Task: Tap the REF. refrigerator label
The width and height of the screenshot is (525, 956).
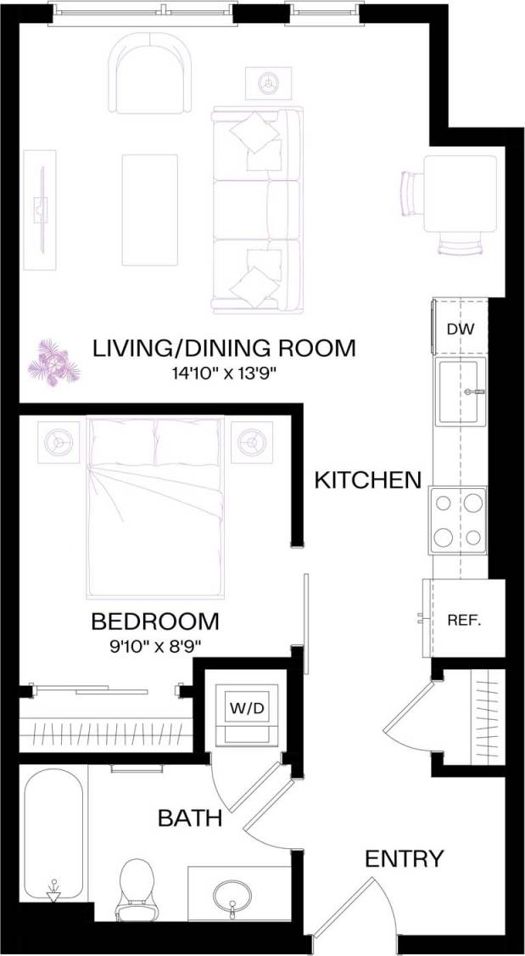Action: [x=464, y=620]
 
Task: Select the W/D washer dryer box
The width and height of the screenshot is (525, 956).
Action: [x=245, y=707]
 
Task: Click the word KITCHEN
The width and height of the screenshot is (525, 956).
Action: [x=367, y=480]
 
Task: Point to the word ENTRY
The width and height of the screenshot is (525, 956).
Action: [x=404, y=858]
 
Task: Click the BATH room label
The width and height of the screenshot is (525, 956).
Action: [x=190, y=818]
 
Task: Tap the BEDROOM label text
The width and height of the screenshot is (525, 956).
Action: [x=155, y=621]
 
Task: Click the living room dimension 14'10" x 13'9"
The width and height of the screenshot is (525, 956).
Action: [x=224, y=371]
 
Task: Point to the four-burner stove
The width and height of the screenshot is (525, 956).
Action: [x=458, y=520]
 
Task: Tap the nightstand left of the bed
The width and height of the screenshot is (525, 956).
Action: [x=59, y=441]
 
